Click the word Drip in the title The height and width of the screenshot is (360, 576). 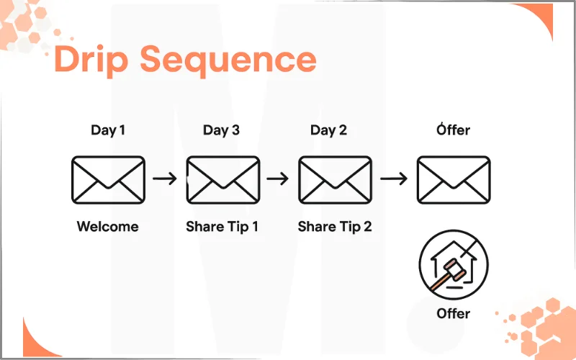pyautogui.click(x=91, y=59)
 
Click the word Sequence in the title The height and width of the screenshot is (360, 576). pyautogui.click(x=228, y=60)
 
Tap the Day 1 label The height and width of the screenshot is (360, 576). pyautogui.click(x=108, y=130)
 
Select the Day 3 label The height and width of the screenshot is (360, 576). pyautogui.click(x=222, y=130)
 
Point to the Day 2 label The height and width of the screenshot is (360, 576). pyautogui.click(x=329, y=130)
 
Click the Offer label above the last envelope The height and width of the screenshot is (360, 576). pyautogui.click(x=454, y=130)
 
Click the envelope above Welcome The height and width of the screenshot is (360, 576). pyautogui.click(x=109, y=179)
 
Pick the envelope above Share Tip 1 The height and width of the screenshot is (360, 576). pyautogui.click(x=223, y=179)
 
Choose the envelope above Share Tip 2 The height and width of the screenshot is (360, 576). pyautogui.click(x=336, y=179)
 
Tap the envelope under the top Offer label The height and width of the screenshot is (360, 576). pyautogui.click(x=454, y=179)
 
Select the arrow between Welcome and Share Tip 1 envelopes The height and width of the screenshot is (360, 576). pyautogui.click(x=165, y=179)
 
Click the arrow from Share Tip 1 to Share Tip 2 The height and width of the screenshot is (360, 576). pyautogui.click(x=278, y=179)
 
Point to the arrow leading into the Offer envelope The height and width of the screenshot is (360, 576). pyautogui.click(x=394, y=179)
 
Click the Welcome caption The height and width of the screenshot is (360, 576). pyautogui.click(x=107, y=226)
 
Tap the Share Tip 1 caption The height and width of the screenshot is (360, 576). pyautogui.click(x=222, y=227)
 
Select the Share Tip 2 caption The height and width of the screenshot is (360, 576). pyautogui.click(x=335, y=227)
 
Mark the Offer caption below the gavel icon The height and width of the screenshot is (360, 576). pyautogui.click(x=454, y=313)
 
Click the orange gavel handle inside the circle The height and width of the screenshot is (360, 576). pyautogui.click(x=439, y=282)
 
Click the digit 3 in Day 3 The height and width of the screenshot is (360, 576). pyautogui.click(x=235, y=130)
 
